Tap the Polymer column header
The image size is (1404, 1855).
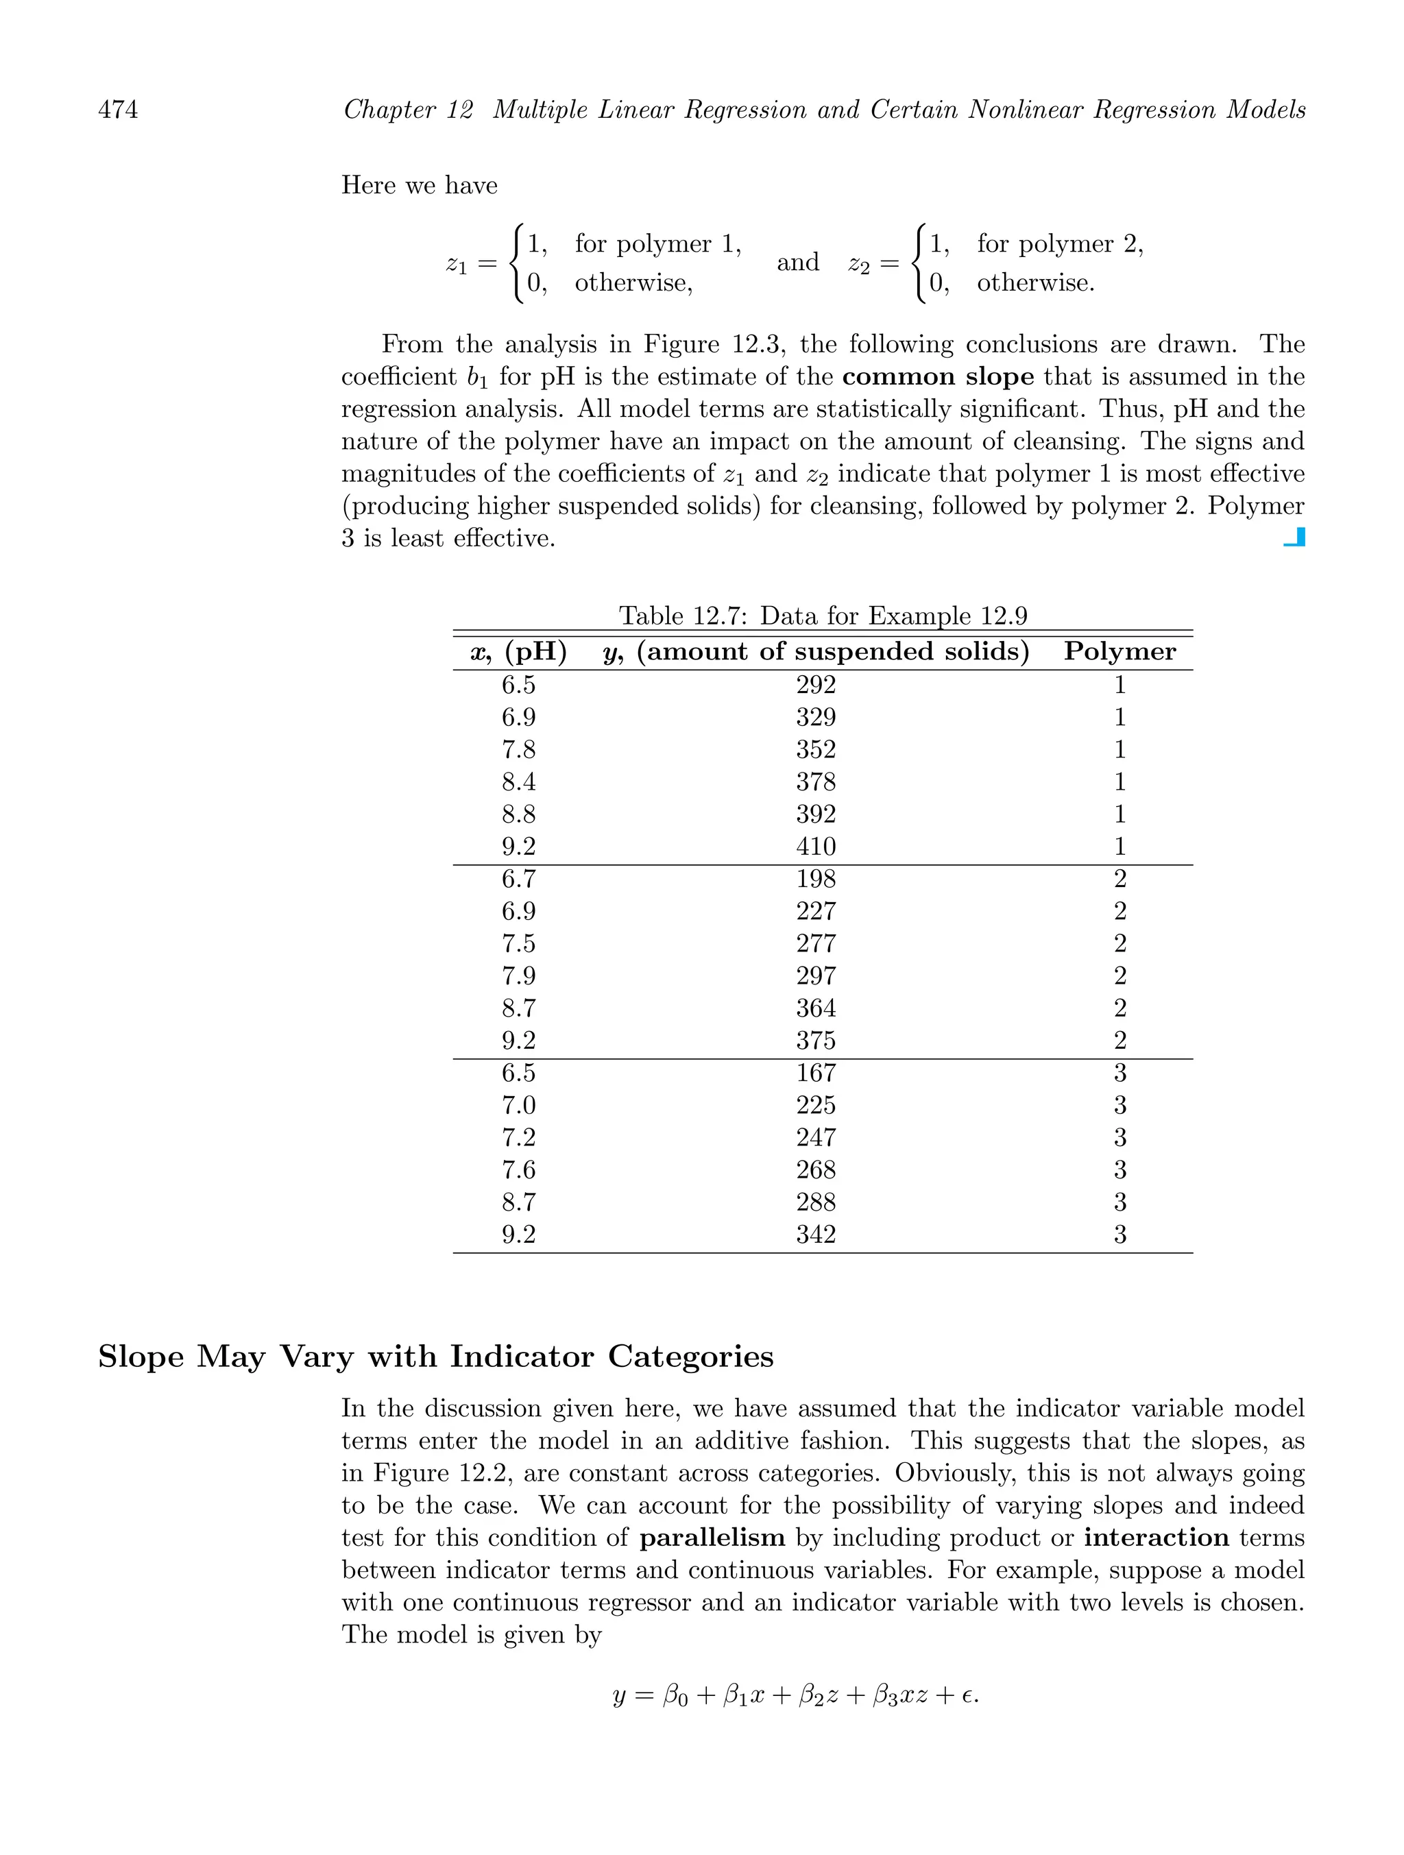click(1119, 652)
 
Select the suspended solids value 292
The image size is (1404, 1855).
click(815, 685)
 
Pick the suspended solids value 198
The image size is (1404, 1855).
click(815, 879)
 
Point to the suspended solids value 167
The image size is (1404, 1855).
click(815, 1074)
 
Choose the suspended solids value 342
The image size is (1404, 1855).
click(815, 1235)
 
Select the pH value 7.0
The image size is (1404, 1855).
click(518, 1105)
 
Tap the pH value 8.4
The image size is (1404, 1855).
click(518, 782)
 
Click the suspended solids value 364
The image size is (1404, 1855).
click(815, 1008)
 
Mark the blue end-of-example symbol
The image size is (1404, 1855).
click(1294, 537)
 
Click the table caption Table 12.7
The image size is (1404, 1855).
click(822, 616)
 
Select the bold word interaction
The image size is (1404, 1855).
click(1156, 1538)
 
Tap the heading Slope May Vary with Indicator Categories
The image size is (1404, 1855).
click(435, 1357)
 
